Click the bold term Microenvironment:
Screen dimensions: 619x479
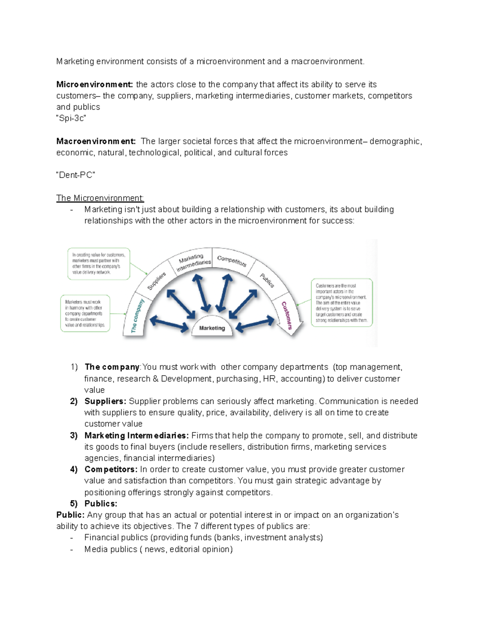coord(95,84)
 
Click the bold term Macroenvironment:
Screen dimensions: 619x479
coord(96,141)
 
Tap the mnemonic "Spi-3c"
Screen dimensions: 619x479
coord(71,118)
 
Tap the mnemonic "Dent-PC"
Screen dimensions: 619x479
coord(75,175)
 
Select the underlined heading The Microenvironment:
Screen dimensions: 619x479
coord(100,198)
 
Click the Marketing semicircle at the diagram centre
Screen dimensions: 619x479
coord(212,328)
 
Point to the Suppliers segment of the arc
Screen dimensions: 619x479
coord(156,281)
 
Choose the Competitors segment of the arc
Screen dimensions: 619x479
coord(232,261)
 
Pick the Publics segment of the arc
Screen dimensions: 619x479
coord(267,280)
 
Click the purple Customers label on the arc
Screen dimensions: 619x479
coord(287,315)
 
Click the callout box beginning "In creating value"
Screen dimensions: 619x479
coord(99,263)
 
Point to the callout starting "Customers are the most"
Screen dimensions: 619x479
coord(341,303)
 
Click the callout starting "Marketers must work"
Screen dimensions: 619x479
coord(85,313)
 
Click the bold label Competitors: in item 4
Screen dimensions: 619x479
coord(111,470)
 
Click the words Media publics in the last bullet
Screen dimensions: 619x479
coord(111,549)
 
